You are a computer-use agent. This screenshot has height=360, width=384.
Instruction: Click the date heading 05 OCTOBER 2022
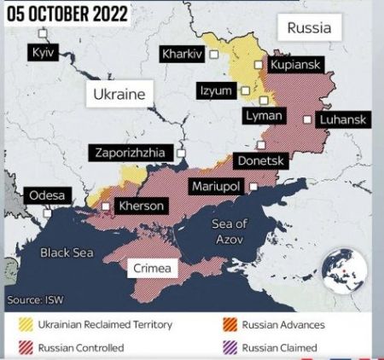pyautogui.click(x=68, y=15)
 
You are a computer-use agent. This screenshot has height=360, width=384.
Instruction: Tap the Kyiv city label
pyautogui.click(x=42, y=53)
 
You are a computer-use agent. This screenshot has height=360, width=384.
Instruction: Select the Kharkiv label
pyautogui.click(x=182, y=54)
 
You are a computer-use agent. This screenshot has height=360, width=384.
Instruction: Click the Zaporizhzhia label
pyautogui.click(x=131, y=154)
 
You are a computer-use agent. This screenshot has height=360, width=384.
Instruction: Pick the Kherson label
pyautogui.click(x=140, y=206)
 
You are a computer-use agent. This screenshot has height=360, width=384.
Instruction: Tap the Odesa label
pyautogui.click(x=47, y=195)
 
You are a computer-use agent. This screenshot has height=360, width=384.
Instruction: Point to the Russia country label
pyautogui.click(x=309, y=28)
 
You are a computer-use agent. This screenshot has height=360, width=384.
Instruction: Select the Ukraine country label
pyautogui.click(x=119, y=94)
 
